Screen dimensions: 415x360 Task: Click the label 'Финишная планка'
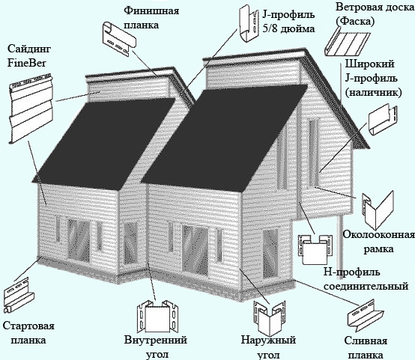151,18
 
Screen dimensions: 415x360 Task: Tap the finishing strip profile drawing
119,39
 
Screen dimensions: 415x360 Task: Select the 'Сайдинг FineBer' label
29,56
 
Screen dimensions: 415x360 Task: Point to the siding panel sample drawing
31,108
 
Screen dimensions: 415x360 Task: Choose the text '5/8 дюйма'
288,28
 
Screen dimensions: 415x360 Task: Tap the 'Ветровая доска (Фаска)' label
375,14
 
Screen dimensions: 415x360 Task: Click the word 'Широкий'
370,64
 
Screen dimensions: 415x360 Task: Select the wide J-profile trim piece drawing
383,120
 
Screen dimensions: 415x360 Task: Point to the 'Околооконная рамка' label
379,242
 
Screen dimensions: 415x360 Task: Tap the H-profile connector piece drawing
315,249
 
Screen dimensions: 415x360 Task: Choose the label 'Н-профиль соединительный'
366,279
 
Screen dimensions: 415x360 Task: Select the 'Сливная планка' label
366,347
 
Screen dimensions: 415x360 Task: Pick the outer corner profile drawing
270,317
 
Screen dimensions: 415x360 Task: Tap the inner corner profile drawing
158,317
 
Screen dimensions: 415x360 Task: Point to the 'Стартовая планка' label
28,333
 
